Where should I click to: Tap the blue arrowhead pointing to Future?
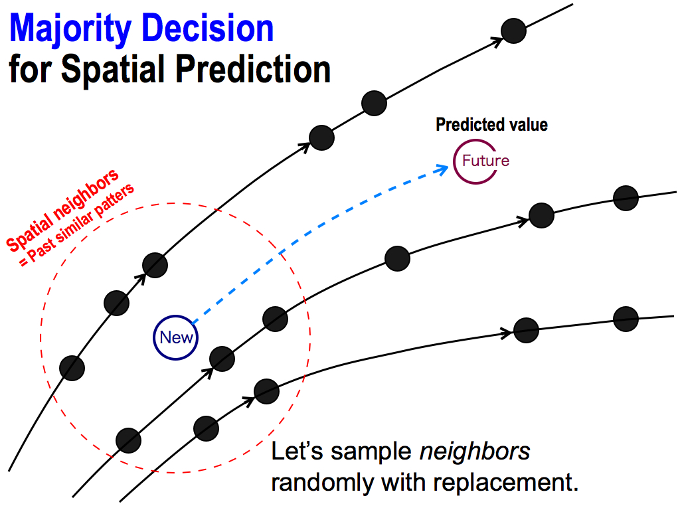tap(442, 169)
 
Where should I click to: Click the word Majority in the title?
tap(70, 29)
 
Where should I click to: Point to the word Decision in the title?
tap(207, 28)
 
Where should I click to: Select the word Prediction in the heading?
tap(253, 68)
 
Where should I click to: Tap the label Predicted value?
tap(491, 124)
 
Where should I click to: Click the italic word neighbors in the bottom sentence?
tap(475, 451)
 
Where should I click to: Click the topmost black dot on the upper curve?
tap(513, 31)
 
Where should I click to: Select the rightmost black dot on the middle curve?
tap(626, 198)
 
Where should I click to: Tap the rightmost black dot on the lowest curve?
tap(626, 319)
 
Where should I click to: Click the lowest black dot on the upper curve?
tap(72, 368)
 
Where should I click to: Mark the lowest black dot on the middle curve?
tap(128, 441)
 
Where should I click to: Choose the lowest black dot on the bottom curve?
tap(206, 428)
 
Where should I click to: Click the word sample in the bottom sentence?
tap(371, 452)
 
